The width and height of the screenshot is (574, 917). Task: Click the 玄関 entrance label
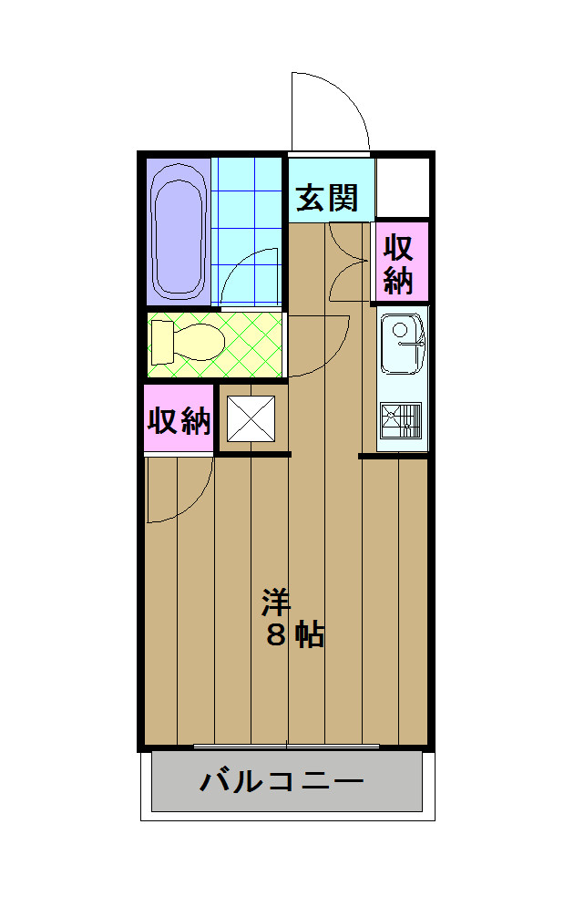[326, 197]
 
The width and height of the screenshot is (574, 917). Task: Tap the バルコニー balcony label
[282, 781]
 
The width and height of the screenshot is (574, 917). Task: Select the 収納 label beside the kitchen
[399, 263]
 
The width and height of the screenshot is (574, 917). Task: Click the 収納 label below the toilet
[179, 420]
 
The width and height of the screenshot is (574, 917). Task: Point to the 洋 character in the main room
[276, 603]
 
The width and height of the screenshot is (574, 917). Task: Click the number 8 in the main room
[276, 635]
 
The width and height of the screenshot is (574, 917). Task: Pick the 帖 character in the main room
[310, 635]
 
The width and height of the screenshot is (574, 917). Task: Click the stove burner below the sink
[401, 422]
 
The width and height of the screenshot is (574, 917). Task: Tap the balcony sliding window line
[287, 747]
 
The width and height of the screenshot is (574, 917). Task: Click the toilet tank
[161, 342]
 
